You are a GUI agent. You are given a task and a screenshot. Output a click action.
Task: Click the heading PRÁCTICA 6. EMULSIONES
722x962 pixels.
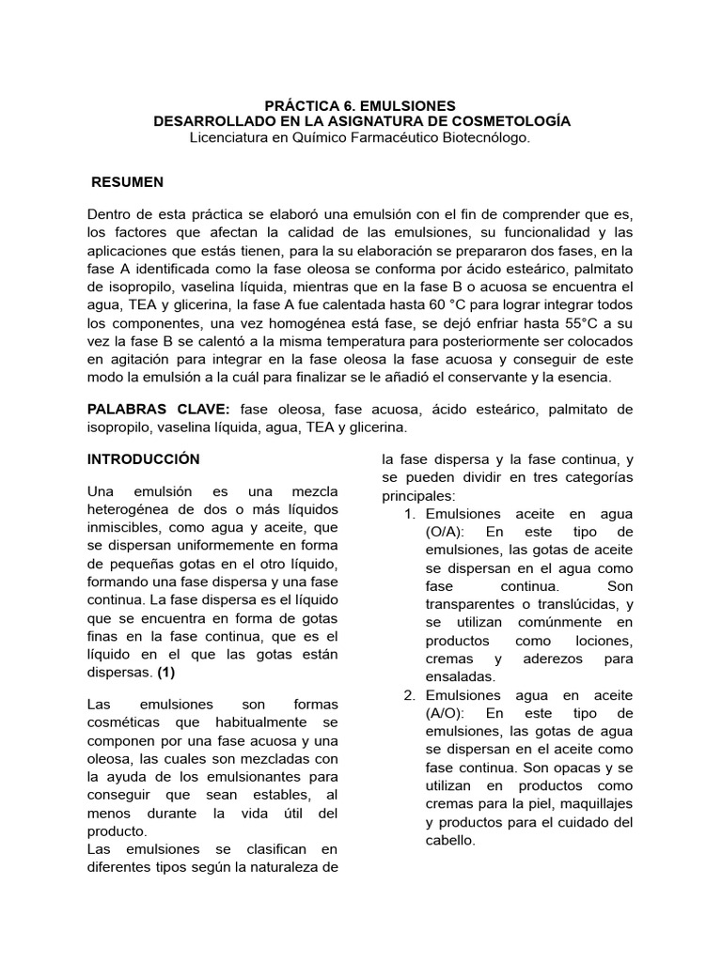361,105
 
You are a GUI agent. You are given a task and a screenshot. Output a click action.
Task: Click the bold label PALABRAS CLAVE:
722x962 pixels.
159,410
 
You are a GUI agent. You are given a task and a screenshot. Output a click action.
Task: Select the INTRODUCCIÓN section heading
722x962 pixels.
144,459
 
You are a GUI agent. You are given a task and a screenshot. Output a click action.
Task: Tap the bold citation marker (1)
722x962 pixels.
166,673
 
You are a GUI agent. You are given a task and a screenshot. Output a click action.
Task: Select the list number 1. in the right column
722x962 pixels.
410,514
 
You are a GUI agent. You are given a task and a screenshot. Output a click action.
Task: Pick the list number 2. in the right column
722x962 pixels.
410,695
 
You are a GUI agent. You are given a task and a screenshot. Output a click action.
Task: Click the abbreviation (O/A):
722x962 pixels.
447,532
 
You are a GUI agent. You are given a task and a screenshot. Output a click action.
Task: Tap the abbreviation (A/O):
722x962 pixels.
447,713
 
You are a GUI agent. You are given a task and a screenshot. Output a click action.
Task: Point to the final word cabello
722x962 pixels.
451,841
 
